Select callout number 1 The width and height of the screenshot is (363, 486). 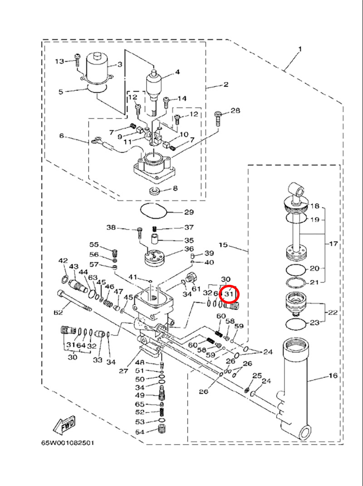click(299, 49)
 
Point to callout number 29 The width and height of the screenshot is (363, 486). click(189, 212)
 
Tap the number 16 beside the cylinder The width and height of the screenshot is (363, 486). click(333, 376)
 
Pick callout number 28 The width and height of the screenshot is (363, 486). click(235, 111)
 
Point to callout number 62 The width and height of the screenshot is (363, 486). click(58, 312)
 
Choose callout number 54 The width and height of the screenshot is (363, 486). click(140, 431)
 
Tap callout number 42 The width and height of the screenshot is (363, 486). click(63, 261)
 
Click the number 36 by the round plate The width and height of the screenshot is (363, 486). click(189, 249)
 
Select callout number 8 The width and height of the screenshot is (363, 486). click(175, 188)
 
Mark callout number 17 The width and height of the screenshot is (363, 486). click(334, 244)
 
